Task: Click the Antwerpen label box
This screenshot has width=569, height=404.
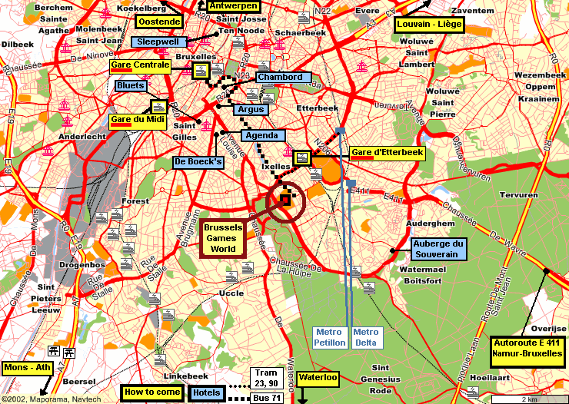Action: (233, 5)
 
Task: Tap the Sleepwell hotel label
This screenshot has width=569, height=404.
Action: (158, 41)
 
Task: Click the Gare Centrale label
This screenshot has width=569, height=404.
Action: (140, 65)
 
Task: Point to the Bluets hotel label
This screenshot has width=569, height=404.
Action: (131, 85)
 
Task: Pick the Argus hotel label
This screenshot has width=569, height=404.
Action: (251, 110)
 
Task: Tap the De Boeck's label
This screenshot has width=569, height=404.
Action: (198, 162)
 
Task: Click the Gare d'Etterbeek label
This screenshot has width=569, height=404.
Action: (387, 153)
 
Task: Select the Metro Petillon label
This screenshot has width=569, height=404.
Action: (330, 337)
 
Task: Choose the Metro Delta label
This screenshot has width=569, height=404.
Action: (366, 337)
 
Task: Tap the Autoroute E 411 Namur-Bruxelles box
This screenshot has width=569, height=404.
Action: (527, 349)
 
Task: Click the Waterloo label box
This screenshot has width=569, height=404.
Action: (318, 377)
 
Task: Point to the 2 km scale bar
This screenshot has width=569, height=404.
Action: (528, 399)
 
